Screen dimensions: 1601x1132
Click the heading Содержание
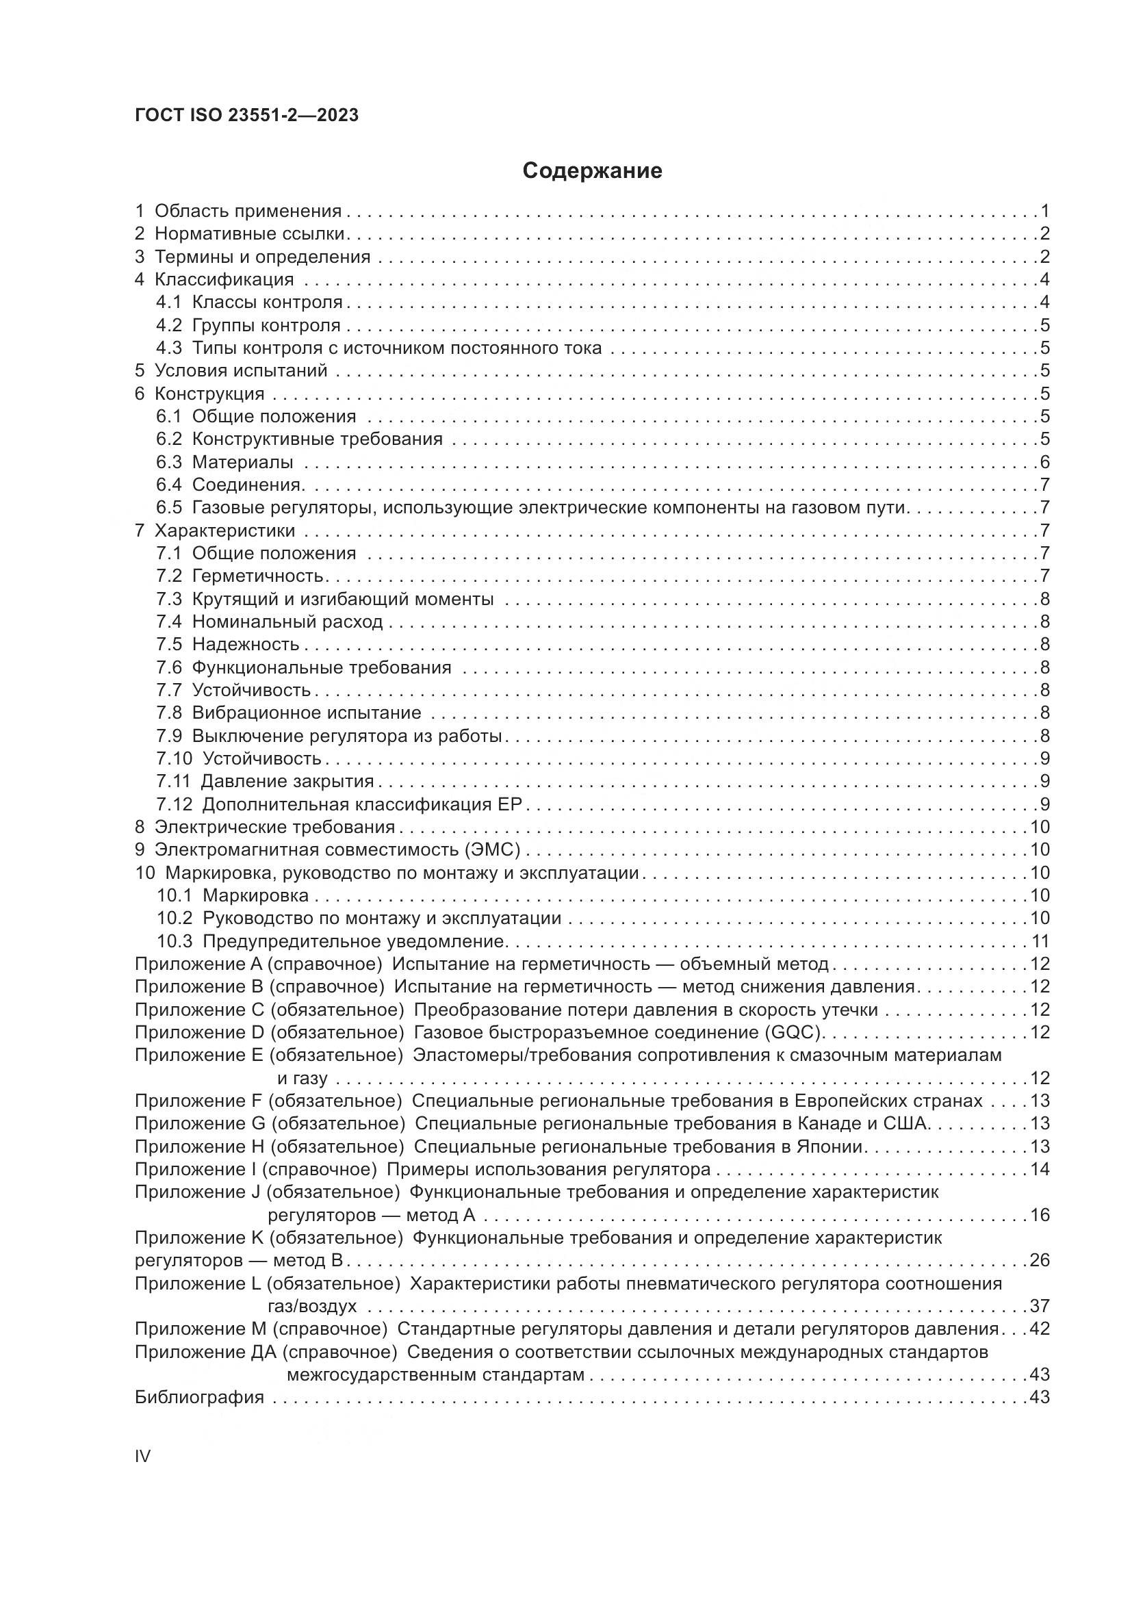[x=592, y=171]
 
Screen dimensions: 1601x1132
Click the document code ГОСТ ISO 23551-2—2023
[x=247, y=116]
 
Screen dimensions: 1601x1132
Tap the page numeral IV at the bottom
[x=142, y=1456]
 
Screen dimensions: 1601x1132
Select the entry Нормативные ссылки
[x=250, y=233]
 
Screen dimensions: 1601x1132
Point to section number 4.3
[x=168, y=348]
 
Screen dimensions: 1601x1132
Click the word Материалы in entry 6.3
[x=242, y=462]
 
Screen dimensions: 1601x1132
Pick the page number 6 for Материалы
[x=1044, y=462]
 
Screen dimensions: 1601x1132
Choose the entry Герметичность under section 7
[x=257, y=576]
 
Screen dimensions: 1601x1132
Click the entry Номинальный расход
[x=287, y=622]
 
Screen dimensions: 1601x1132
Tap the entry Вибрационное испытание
[x=306, y=713]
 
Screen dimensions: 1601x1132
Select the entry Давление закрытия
[x=287, y=781]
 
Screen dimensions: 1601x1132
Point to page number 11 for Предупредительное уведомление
[x=1040, y=941]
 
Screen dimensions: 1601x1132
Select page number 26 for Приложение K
[x=1039, y=1261]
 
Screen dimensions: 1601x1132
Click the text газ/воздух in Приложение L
[x=311, y=1306]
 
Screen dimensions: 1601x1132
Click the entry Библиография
[x=199, y=1398]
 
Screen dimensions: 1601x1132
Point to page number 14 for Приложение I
[x=1040, y=1169]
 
